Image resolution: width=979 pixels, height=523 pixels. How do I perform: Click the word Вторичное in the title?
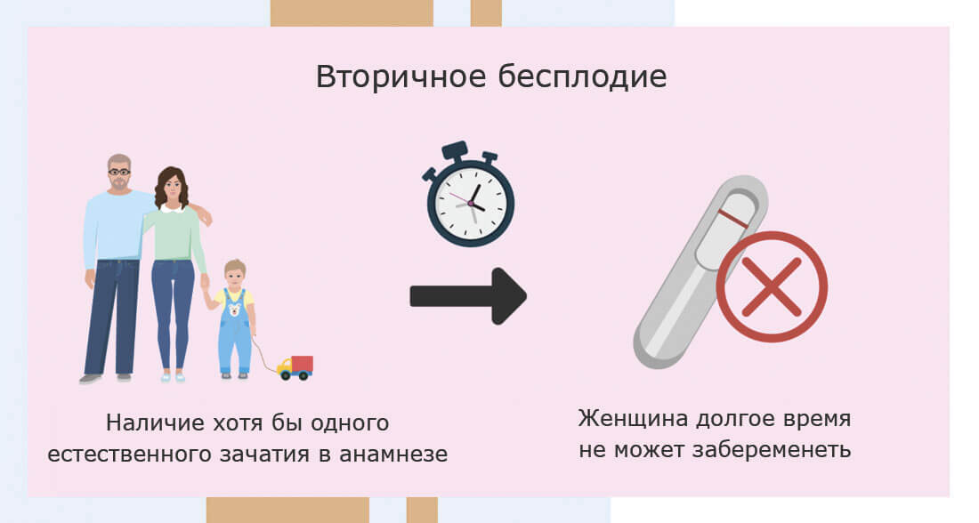[x=400, y=76]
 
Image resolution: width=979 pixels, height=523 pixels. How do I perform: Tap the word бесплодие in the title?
[x=583, y=76]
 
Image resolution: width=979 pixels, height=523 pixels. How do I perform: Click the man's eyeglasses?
[x=118, y=172]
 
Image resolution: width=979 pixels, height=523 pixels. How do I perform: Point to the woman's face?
[x=173, y=185]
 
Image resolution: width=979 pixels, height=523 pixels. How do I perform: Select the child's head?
[x=235, y=273]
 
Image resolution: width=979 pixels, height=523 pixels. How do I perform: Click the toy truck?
[x=295, y=367]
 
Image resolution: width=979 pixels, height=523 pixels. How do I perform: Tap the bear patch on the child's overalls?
[x=235, y=309]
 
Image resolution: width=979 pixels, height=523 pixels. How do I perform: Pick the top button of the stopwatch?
[x=455, y=150]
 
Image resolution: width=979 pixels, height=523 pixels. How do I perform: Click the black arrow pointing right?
[x=468, y=296]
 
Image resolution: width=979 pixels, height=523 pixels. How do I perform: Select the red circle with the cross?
[x=772, y=286]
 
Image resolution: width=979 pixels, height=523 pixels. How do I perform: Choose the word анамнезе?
[x=393, y=455]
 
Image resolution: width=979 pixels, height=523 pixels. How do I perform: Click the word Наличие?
[x=155, y=423]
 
